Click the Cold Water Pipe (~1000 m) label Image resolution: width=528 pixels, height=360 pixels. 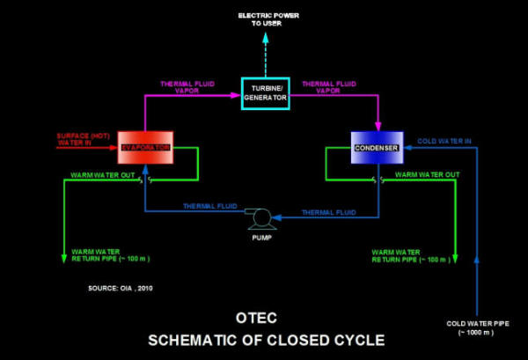[475, 329]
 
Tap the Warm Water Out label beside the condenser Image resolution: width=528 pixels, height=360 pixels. [428, 174]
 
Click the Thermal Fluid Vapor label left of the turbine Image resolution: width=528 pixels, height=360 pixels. [187, 87]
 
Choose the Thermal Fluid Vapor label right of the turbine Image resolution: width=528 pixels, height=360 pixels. [329, 87]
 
